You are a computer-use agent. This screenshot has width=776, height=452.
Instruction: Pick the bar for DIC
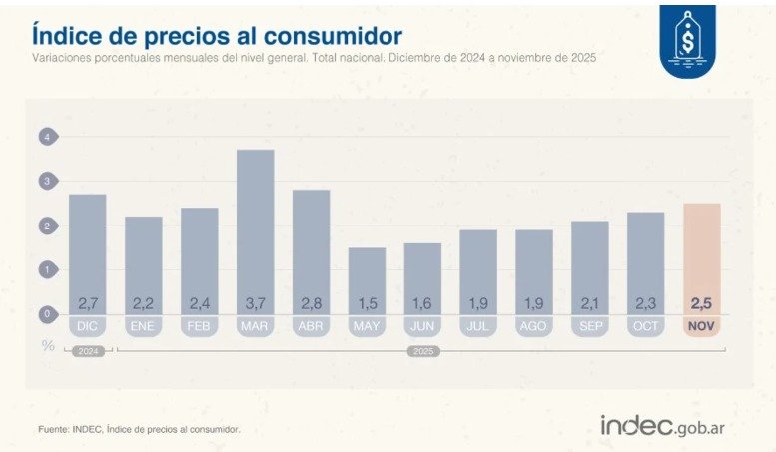coord(88,249)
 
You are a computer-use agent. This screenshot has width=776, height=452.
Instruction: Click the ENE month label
coord(144,326)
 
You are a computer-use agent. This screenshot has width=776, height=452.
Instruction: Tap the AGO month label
coord(534,326)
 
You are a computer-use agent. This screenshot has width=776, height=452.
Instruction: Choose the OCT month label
coord(646,326)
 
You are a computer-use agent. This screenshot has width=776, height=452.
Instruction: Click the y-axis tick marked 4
coord(46,137)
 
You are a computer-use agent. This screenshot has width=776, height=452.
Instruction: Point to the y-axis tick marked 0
coord(46,314)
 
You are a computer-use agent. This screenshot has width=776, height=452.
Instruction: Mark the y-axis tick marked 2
coord(46,226)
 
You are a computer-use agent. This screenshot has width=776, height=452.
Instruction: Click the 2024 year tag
coord(88,351)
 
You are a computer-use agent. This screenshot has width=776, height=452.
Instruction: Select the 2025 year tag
coord(424,351)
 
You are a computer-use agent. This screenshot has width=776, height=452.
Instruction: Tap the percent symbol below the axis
coord(46,344)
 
